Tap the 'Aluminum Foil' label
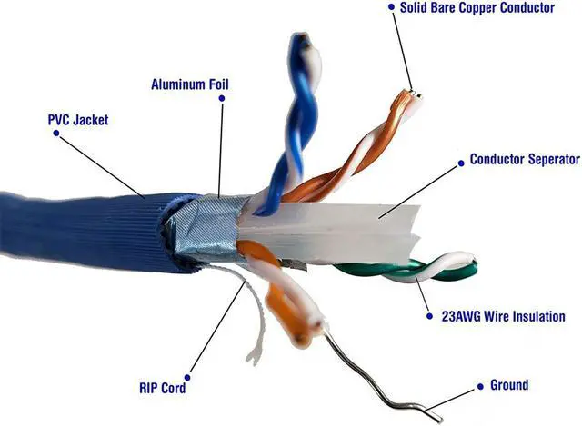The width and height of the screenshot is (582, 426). [189, 85]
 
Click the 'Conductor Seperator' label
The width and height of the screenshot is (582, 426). [525, 160]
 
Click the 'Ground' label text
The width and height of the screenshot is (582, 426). [508, 385]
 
